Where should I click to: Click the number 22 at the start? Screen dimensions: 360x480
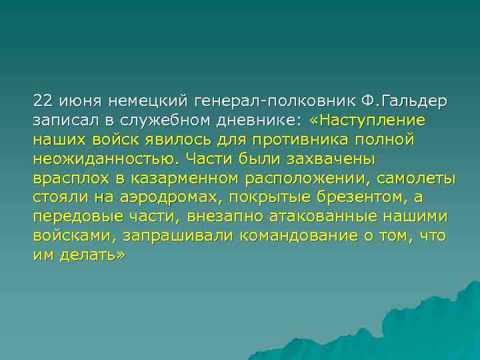coord(43,101)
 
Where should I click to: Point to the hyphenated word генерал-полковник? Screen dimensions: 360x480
coord(275,101)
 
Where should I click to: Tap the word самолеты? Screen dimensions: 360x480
coord(417,179)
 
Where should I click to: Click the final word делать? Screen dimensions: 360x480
coord(95,256)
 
